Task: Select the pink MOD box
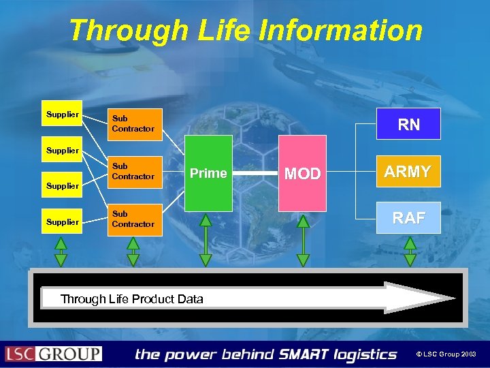click(302, 173)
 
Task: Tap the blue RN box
click(409, 124)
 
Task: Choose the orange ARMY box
click(408, 172)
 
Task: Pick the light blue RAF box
click(408, 217)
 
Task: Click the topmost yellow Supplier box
click(63, 114)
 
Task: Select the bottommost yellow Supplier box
click(63, 221)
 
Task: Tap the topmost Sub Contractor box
click(137, 124)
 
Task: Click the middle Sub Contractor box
click(137, 172)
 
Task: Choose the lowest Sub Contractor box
click(137, 219)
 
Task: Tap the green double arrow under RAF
click(410, 250)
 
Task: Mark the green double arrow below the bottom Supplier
click(61, 250)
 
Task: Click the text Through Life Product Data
click(132, 298)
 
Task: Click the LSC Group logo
click(54, 354)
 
